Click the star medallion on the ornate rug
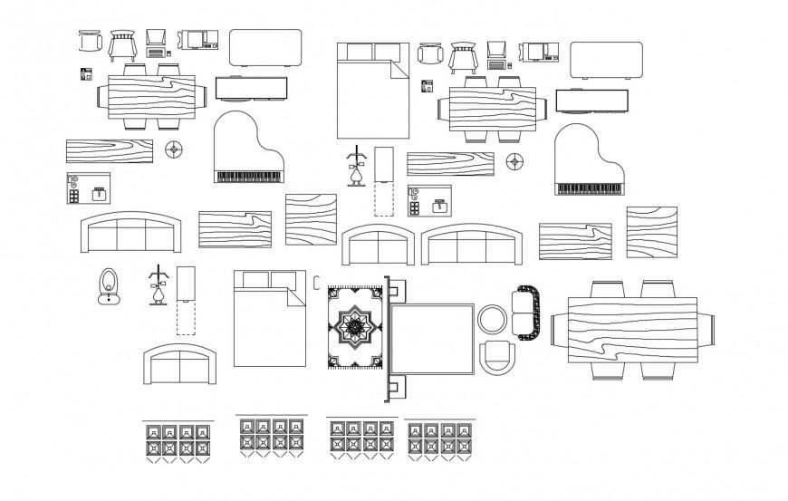[x=354, y=328]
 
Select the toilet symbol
[x=109, y=284]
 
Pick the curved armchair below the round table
[x=495, y=357]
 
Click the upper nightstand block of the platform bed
[x=396, y=291]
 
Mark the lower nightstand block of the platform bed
[x=396, y=390]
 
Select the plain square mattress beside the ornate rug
[x=432, y=340]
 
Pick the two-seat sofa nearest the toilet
[x=181, y=365]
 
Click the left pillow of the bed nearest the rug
[x=251, y=280]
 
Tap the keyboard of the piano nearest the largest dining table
[x=590, y=188]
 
